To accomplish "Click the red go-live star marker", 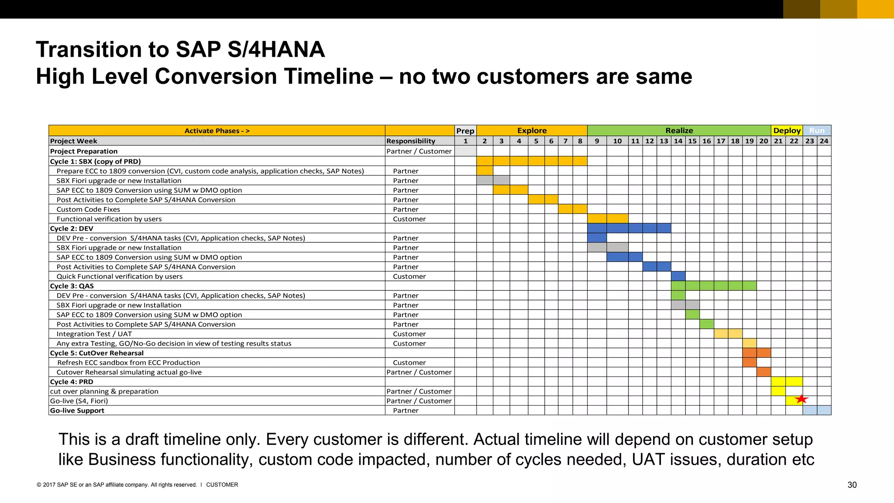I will [x=801, y=399].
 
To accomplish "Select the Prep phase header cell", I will [x=465, y=131].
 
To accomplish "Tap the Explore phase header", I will [x=532, y=131].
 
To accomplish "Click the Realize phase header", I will [x=679, y=131].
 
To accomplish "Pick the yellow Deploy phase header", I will [x=787, y=131].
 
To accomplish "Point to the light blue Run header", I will [x=817, y=131].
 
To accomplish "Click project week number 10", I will [x=617, y=141].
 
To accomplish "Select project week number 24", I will [x=824, y=141].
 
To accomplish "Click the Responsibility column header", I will [x=411, y=141].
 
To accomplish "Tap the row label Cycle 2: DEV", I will [x=72, y=228].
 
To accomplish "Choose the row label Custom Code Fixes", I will [x=88, y=209].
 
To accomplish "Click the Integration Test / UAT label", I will [x=94, y=334].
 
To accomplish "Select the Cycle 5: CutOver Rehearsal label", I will [x=96, y=353].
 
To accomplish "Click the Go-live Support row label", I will [x=77, y=410].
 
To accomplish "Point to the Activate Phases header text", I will [x=217, y=131].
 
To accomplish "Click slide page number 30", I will [x=852, y=485].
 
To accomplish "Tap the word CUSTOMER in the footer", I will [x=222, y=485].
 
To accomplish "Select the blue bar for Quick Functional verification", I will [x=678, y=276].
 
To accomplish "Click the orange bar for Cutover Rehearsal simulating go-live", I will [x=763, y=372].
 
